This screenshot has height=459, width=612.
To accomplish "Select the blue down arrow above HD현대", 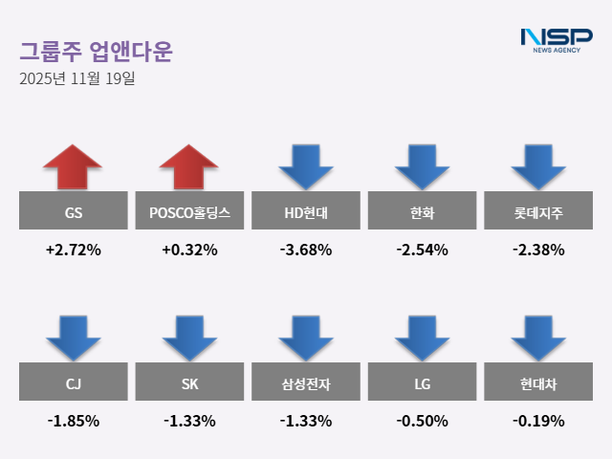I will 306,166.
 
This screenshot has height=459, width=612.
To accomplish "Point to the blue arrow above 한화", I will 422,166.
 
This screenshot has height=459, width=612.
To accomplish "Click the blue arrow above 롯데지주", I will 538,166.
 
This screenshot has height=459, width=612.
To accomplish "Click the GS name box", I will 73,210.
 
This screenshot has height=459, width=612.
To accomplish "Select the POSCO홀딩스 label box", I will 189,210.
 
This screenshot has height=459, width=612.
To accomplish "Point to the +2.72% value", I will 73,251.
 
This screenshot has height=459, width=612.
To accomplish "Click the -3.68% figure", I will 306,251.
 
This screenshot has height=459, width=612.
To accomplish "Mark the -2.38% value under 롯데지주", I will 538,251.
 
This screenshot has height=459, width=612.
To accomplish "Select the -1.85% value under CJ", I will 73,421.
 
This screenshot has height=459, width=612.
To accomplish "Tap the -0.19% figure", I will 538,421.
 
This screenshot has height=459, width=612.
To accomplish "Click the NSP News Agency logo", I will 556,41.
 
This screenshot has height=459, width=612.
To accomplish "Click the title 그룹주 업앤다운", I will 96,50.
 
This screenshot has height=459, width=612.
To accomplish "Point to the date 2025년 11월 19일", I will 77,78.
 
